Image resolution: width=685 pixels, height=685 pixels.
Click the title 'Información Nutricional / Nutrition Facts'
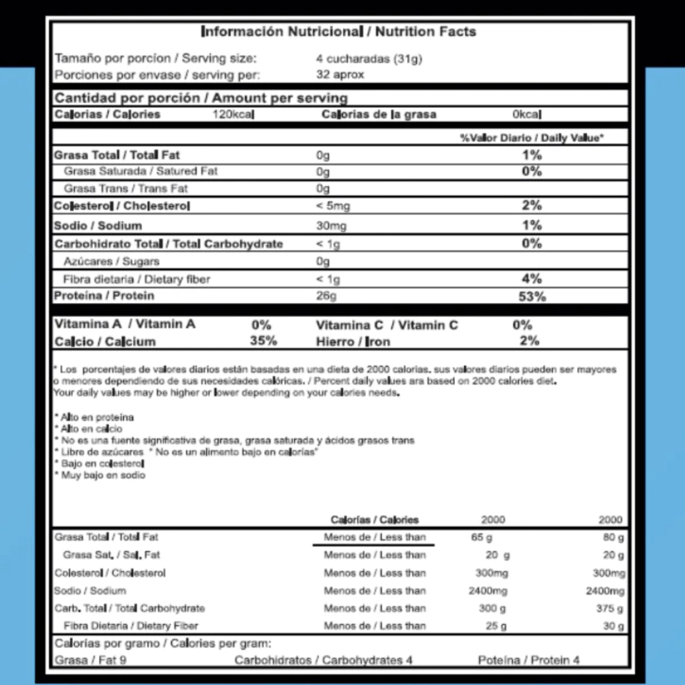338,31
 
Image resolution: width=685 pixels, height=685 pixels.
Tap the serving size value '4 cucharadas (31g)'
369,58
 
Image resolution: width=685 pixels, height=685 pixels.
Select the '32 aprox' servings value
340,74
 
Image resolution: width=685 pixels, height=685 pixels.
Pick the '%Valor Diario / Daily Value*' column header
531,138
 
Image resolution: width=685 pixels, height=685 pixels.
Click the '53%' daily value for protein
532,296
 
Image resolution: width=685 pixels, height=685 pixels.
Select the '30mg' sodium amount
331,226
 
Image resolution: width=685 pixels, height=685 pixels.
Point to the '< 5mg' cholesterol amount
332,206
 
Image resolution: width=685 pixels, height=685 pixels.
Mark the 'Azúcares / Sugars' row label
112,261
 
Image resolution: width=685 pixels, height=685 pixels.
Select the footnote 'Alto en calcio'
91,429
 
